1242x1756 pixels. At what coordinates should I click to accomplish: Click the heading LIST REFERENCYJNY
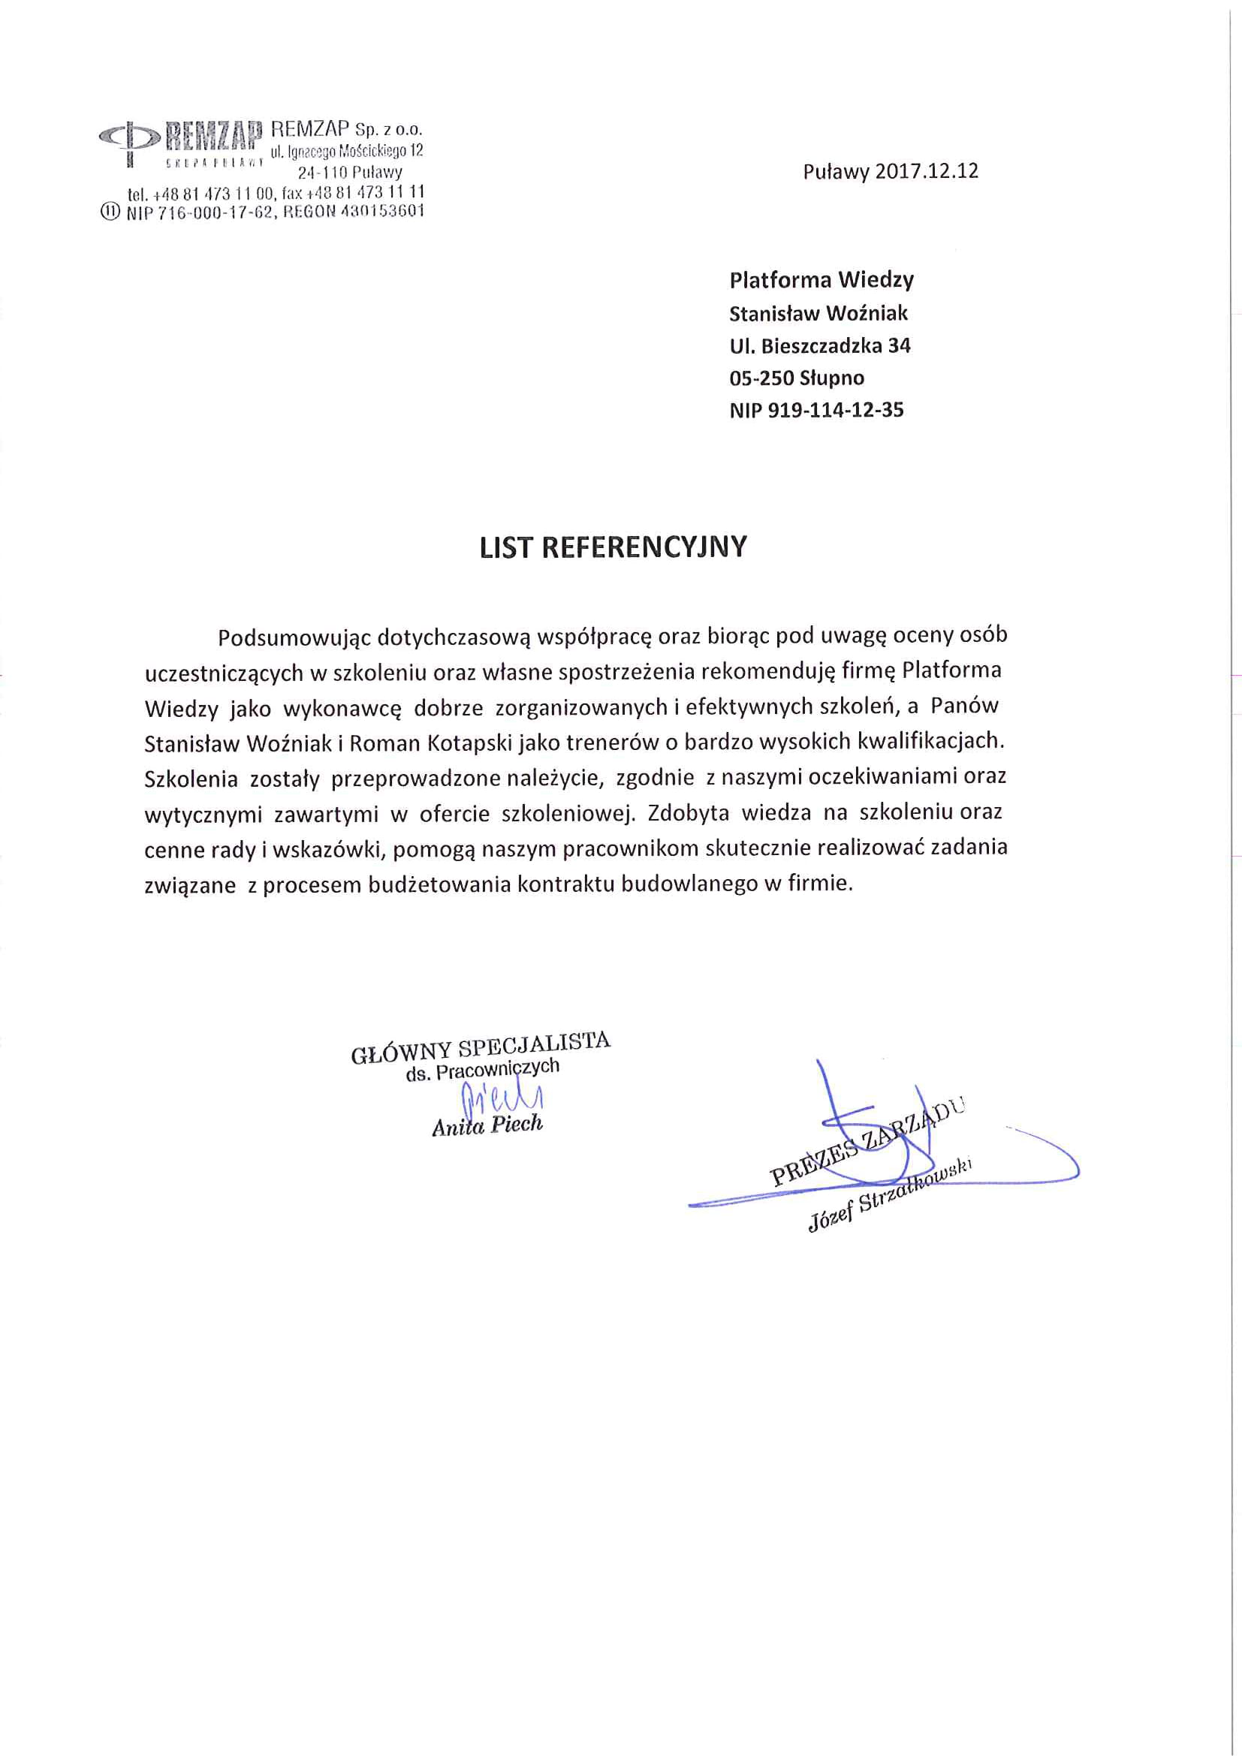[x=613, y=547]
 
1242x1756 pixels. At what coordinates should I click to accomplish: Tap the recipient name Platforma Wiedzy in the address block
[x=821, y=280]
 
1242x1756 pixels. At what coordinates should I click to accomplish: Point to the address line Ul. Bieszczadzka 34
[x=820, y=345]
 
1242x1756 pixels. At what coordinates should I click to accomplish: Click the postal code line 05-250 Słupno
[x=797, y=378]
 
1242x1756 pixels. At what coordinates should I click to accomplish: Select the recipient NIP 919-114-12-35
[x=816, y=411]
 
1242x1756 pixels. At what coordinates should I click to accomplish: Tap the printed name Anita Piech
[x=487, y=1125]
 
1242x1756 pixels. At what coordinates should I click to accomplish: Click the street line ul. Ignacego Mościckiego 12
[x=346, y=151]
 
